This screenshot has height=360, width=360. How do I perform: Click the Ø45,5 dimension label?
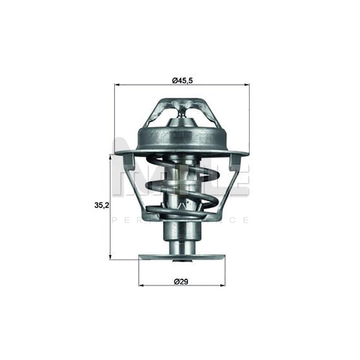tap(182, 80)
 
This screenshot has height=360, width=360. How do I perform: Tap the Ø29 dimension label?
tap(182, 281)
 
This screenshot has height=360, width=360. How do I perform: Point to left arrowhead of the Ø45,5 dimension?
tap(117, 85)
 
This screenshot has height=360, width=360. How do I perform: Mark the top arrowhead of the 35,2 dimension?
tap(110, 156)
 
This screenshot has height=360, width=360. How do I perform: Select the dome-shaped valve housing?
tap(182, 136)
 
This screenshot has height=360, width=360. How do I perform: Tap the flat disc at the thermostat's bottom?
tap(182, 256)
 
